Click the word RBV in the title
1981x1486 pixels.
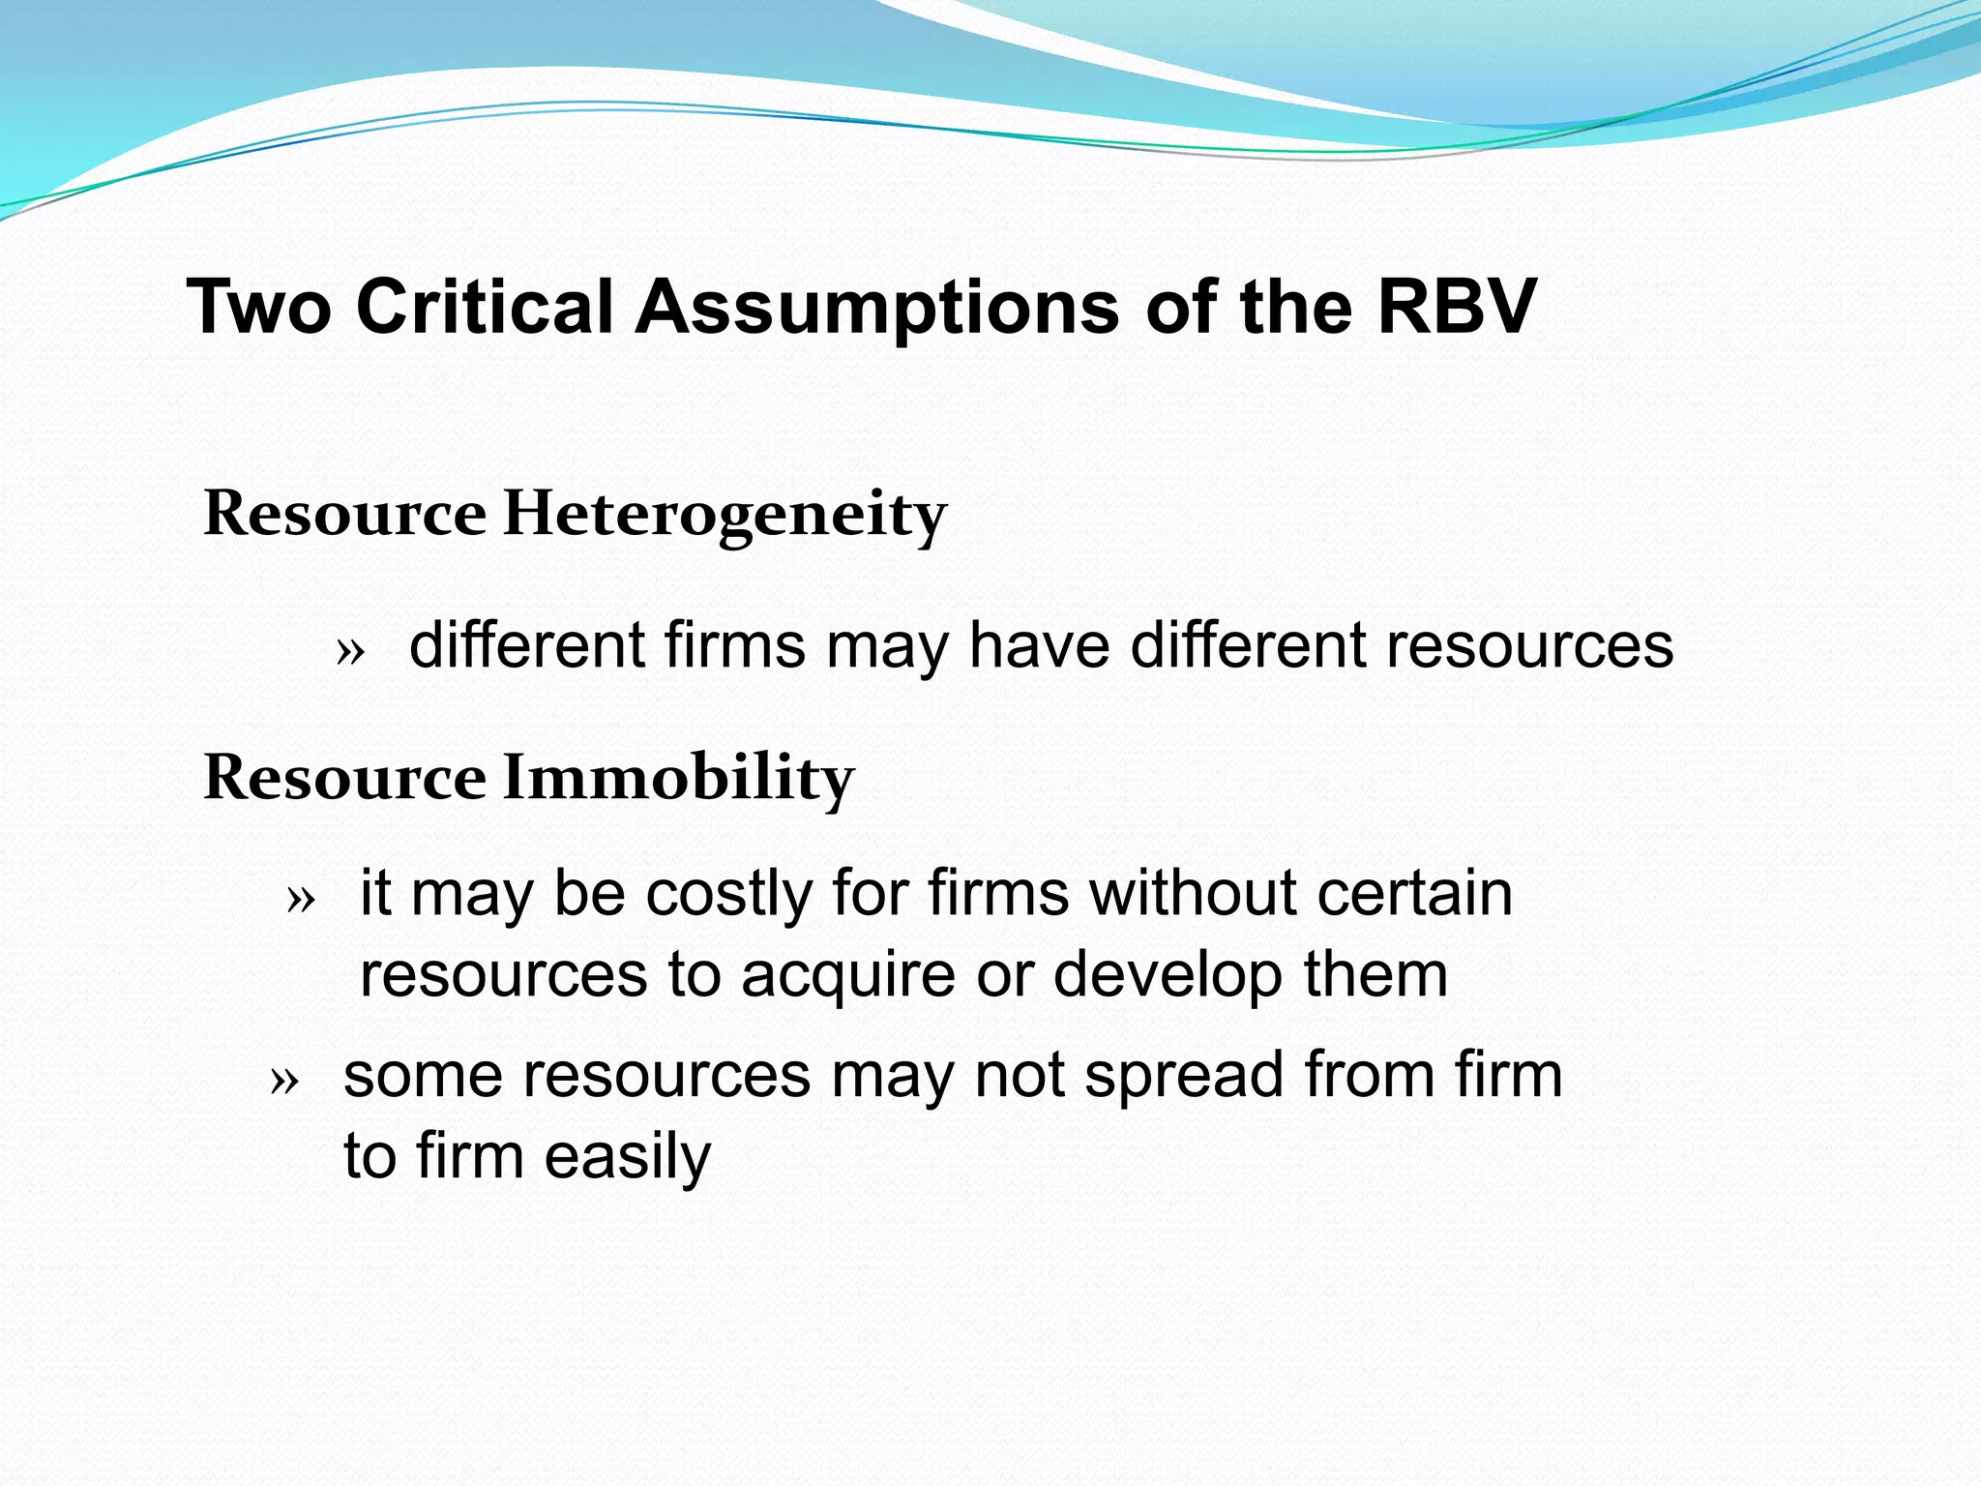(1457, 307)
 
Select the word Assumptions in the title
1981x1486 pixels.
(876, 309)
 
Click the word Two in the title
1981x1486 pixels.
(258, 307)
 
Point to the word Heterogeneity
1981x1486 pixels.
(724, 514)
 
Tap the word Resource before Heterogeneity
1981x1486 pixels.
(344, 514)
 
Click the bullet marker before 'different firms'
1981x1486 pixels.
(350, 652)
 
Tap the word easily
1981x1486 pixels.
(627, 1157)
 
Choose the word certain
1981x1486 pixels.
(1414, 892)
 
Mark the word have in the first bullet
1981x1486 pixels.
(1039, 645)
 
